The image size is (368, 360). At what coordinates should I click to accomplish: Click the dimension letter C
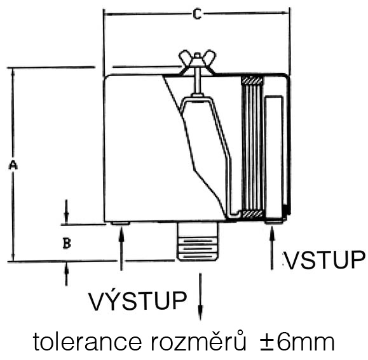(197, 14)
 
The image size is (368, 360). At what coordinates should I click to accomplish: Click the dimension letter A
(13, 165)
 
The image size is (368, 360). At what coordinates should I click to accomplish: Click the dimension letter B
(67, 243)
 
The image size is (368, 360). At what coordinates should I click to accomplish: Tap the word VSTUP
(325, 260)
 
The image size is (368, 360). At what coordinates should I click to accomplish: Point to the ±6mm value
(297, 342)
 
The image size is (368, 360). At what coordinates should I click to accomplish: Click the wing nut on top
(198, 62)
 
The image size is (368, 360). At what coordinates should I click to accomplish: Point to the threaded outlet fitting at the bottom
(198, 241)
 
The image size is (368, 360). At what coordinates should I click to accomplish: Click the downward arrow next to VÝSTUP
(200, 297)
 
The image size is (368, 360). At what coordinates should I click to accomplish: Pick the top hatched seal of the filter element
(252, 81)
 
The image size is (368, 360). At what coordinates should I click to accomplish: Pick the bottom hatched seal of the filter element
(252, 214)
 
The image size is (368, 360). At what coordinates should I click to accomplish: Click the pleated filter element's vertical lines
(252, 147)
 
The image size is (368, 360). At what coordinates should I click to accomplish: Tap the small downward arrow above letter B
(67, 212)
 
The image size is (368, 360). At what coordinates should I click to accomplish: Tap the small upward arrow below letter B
(67, 274)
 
